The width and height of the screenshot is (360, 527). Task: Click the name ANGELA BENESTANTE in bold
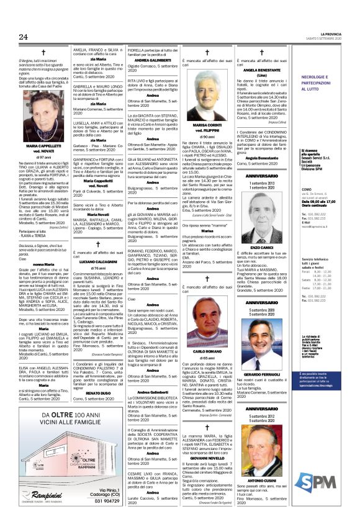point(257,71)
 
